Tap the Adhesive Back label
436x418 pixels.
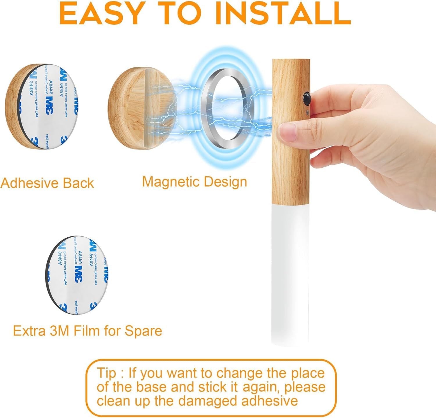[x=47, y=183]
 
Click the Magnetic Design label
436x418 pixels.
[x=194, y=182]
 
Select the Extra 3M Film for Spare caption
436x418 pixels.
[x=87, y=331]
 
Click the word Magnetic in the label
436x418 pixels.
[x=171, y=182]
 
